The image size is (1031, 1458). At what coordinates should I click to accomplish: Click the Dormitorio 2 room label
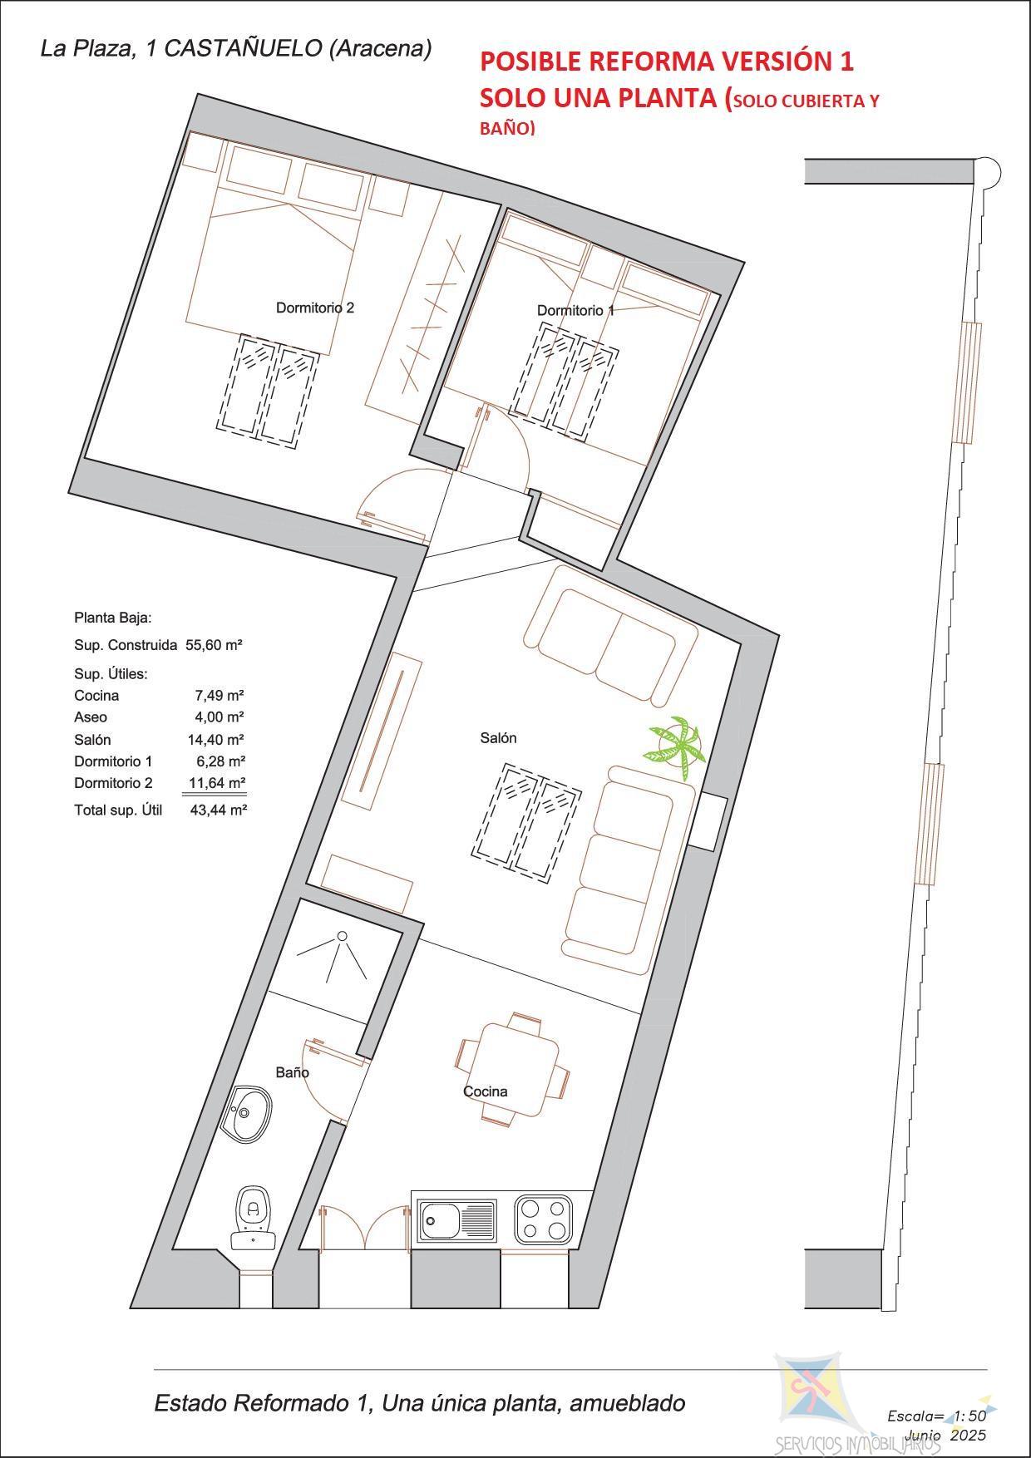tap(315, 308)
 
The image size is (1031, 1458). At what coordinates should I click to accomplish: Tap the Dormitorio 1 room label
tap(575, 310)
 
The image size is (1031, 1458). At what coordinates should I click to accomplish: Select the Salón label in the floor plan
tap(498, 737)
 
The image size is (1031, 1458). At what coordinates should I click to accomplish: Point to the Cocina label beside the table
tap(485, 1091)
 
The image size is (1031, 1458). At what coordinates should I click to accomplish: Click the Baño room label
tap(293, 1072)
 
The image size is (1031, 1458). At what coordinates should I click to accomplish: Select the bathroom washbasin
tap(247, 1114)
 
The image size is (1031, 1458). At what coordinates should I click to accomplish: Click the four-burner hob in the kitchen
tap(544, 1219)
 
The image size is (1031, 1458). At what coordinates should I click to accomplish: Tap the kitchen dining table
tap(513, 1068)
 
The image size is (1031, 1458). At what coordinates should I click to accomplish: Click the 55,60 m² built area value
tap(214, 644)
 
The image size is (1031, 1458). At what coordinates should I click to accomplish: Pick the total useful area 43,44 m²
tap(218, 810)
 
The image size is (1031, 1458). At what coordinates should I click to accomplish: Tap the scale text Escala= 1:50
tap(936, 1416)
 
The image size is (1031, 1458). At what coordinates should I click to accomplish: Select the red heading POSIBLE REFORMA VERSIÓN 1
tap(667, 61)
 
